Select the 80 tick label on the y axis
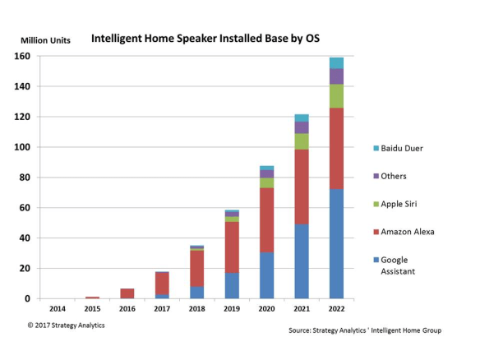tap(26, 178)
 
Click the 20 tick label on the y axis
tap(26, 269)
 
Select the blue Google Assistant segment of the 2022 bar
tap(336, 243)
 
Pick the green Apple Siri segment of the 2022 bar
tap(336, 95)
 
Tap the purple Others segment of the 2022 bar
tap(336, 76)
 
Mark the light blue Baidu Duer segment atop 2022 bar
tap(336, 62)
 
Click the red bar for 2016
tap(127, 293)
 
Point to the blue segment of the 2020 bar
tap(267, 275)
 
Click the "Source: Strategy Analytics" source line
tap(366, 330)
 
